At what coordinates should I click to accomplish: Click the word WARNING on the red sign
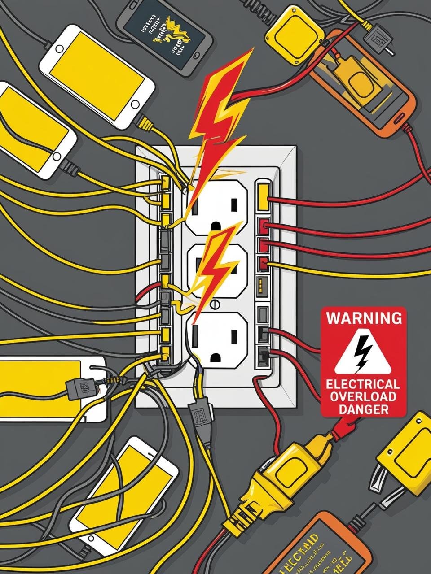[364, 318]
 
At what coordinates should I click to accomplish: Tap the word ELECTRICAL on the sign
[363, 385]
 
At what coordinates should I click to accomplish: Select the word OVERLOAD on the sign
[363, 397]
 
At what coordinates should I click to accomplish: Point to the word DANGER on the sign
[363, 409]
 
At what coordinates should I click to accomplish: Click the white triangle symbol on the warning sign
[363, 352]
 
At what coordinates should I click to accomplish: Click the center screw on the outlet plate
[215, 304]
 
